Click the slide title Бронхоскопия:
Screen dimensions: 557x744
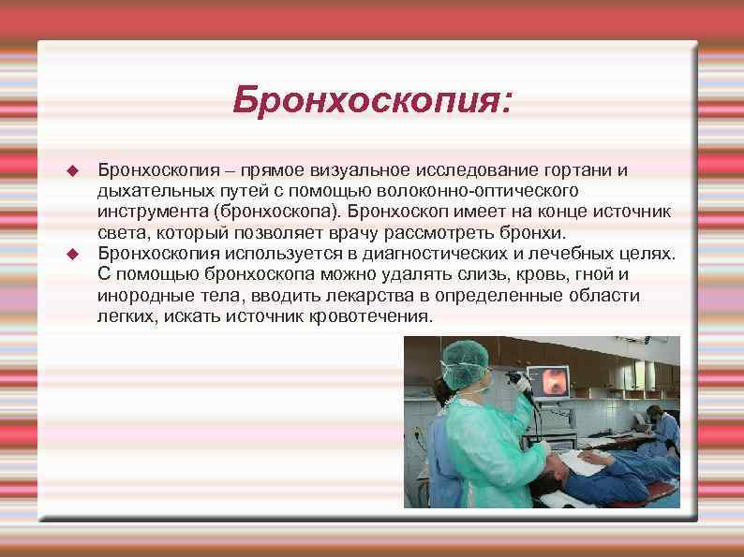click(372, 100)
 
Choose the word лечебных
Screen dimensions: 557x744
click(577, 254)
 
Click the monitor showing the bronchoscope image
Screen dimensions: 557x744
click(551, 383)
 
